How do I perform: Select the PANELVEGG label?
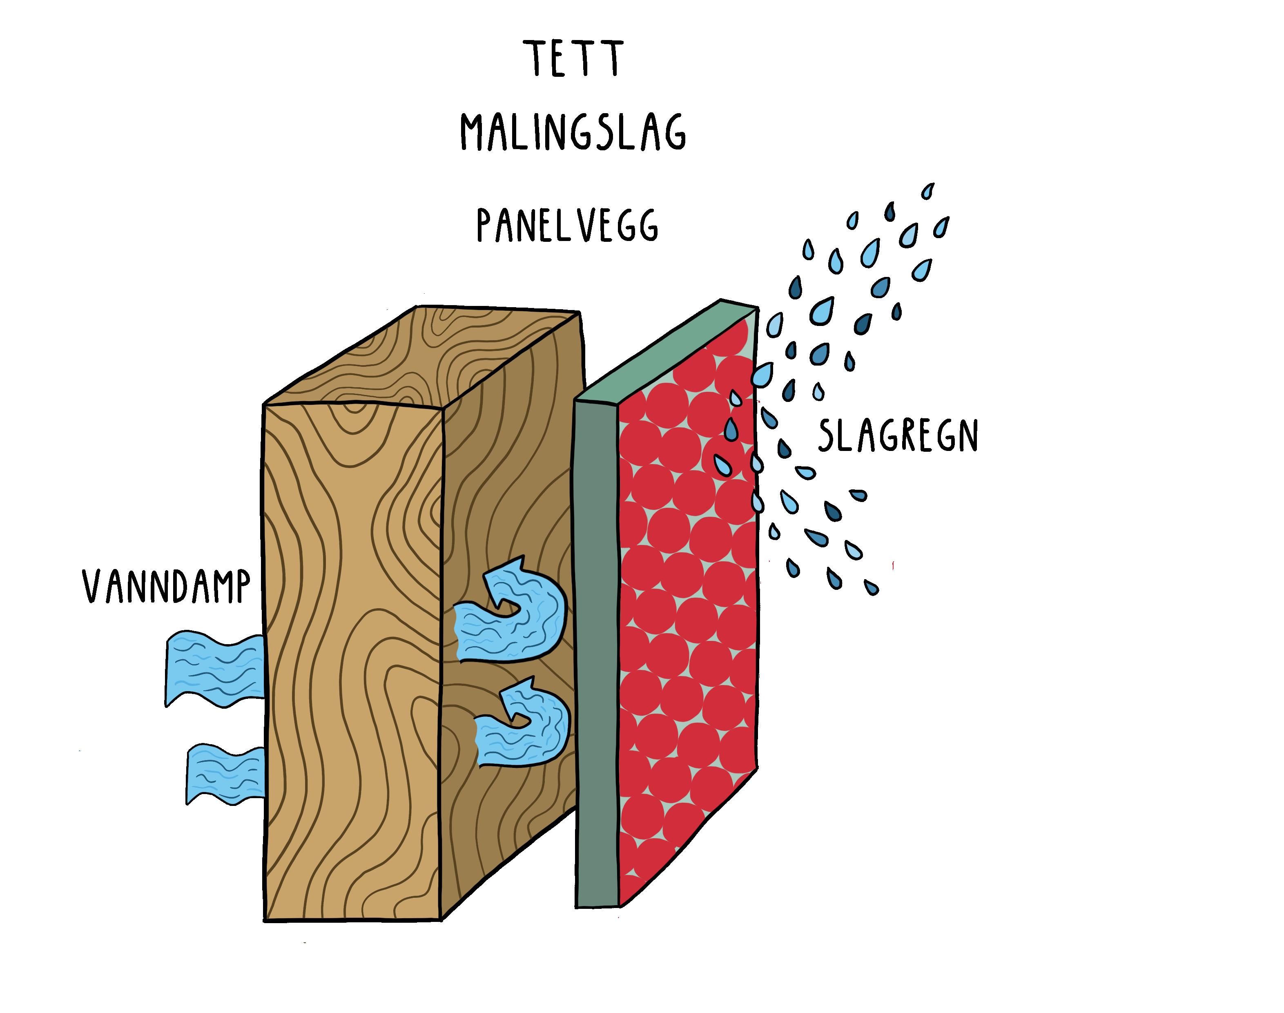point(568,226)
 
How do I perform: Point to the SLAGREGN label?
point(897,435)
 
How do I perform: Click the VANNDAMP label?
point(166,587)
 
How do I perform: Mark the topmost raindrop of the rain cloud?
point(927,191)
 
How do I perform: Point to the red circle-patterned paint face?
point(688,623)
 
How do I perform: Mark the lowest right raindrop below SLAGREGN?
point(871,588)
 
